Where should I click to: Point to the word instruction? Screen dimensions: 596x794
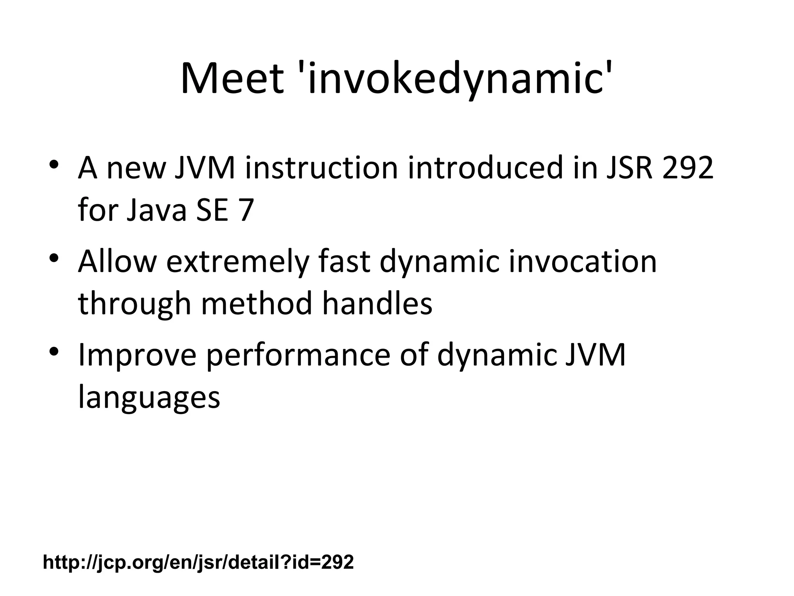coord(321,168)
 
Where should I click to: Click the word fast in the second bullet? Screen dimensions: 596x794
coord(344,262)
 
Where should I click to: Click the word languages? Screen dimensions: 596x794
coord(149,397)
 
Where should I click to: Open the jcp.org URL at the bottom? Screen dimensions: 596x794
coord(198,562)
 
